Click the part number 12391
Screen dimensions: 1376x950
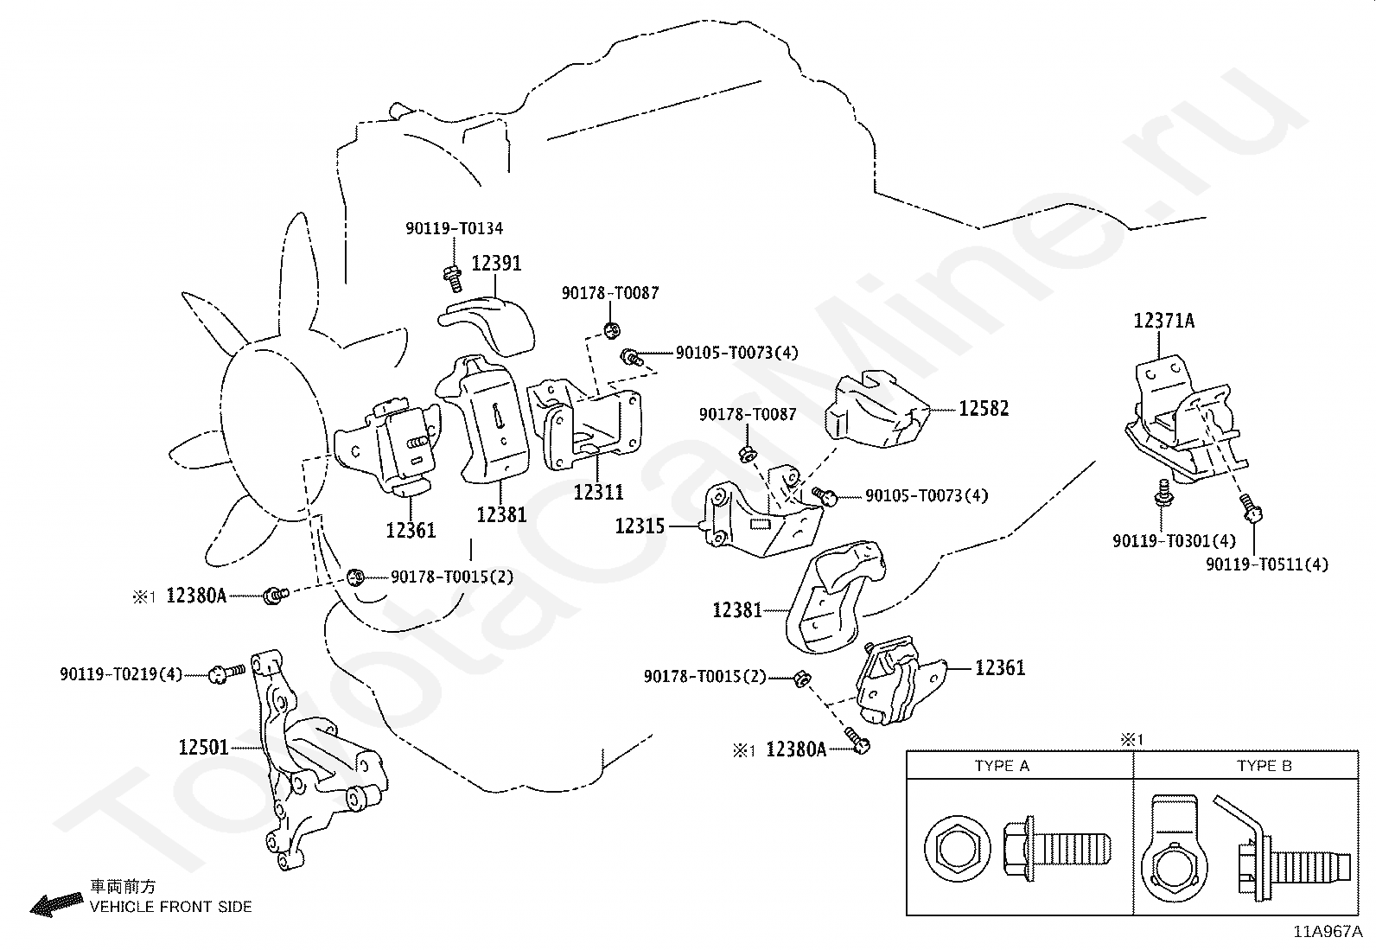(x=496, y=263)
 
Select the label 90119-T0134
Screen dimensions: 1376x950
(x=454, y=228)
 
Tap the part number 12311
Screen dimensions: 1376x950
(x=598, y=492)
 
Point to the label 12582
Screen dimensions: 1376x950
(x=984, y=408)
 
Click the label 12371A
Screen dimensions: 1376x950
(x=1163, y=320)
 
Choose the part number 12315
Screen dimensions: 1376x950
(x=640, y=526)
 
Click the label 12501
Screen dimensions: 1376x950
(x=203, y=747)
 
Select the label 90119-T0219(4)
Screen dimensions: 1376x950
(x=121, y=674)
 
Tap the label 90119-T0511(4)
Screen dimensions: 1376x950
(x=1266, y=564)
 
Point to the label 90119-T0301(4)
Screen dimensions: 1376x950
(x=1174, y=541)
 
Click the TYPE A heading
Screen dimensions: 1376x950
(x=1002, y=766)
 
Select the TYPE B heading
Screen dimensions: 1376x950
(x=1265, y=766)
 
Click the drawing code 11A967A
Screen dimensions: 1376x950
(x=1328, y=932)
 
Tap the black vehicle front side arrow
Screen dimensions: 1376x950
(x=56, y=905)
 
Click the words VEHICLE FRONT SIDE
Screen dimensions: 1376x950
(x=171, y=907)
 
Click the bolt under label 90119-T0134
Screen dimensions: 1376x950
(x=453, y=279)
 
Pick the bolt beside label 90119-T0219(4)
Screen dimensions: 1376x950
(x=226, y=673)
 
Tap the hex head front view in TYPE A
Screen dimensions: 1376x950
(x=958, y=851)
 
